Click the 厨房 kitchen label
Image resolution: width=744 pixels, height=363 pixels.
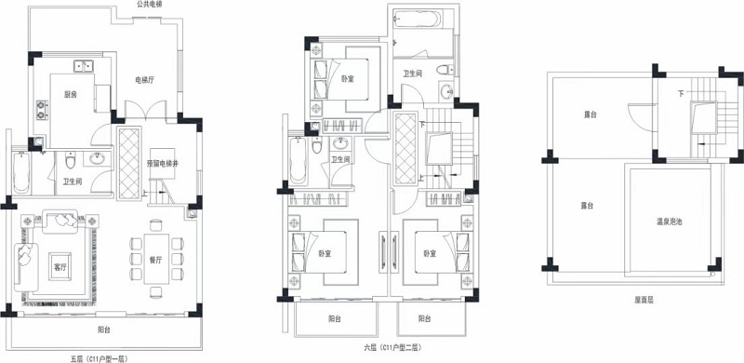(71, 95)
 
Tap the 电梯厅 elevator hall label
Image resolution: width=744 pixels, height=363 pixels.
(146, 80)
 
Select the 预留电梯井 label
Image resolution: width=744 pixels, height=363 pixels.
(162, 164)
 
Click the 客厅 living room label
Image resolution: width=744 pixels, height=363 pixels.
(60, 267)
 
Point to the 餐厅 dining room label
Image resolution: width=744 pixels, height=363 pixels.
(155, 260)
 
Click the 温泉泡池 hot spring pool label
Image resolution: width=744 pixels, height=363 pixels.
(669, 221)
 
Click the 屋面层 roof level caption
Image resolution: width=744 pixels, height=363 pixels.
(644, 301)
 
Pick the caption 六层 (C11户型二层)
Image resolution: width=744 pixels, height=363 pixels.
(392, 347)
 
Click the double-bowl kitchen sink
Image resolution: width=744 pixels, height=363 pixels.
(84, 66)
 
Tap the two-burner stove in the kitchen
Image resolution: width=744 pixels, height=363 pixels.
(42, 110)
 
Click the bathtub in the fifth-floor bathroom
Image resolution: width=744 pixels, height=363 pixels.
(21, 172)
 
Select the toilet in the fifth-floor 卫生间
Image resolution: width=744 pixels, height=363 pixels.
(71, 161)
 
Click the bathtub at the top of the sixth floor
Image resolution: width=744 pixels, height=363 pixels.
(418, 19)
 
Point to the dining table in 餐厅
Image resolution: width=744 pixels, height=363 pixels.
(156, 259)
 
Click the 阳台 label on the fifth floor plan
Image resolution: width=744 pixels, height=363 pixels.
(104, 329)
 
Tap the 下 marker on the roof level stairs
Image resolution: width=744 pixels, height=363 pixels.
(681, 94)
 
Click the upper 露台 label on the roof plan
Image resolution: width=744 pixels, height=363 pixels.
(590, 114)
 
